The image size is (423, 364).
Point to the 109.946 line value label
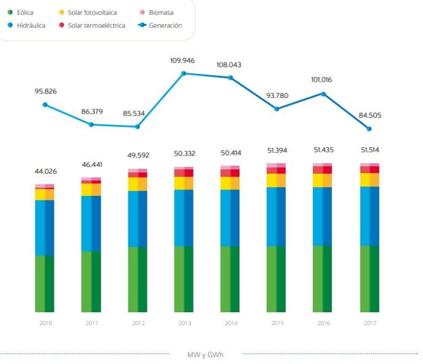coord(184,61)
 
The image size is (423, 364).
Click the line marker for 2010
coord(44,104)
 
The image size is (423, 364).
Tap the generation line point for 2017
coord(369,129)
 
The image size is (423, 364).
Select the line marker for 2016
coord(323,94)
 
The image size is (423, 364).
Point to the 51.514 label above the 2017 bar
coord(369,150)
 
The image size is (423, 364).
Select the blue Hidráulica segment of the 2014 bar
coord(230,217)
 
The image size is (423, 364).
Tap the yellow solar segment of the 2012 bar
coord(137,184)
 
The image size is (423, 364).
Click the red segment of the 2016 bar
coord(322,170)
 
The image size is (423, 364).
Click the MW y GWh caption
coord(206,355)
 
